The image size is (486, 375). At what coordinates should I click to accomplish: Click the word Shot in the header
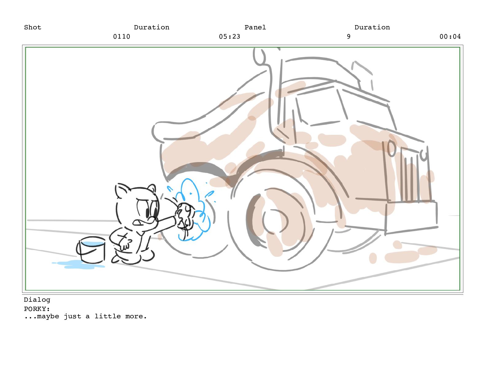click(x=33, y=27)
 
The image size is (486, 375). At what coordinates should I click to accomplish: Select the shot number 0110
click(x=121, y=36)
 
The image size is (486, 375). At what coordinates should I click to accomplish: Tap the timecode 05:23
click(x=229, y=36)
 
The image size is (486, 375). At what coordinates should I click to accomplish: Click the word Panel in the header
click(x=255, y=27)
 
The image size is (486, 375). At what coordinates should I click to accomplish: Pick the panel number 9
click(x=349, y=36)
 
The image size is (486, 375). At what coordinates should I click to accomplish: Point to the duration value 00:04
click(x=450, y=36)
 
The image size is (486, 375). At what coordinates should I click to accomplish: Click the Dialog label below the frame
click(x=37, y=300)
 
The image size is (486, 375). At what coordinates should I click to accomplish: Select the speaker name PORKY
click(x=36, y=309)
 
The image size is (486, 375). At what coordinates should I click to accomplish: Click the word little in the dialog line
click(x=108, y=316)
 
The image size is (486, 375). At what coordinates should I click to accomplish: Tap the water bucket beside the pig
click(x=91, y=250)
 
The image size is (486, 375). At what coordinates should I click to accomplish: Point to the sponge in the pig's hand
click(x=185, y=215)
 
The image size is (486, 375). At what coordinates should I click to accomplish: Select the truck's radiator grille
click(x=410, y=175)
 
